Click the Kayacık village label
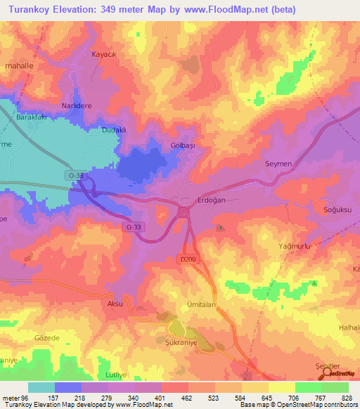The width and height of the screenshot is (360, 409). [x=103, y=54]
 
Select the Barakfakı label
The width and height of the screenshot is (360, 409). [x=31, y=118]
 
